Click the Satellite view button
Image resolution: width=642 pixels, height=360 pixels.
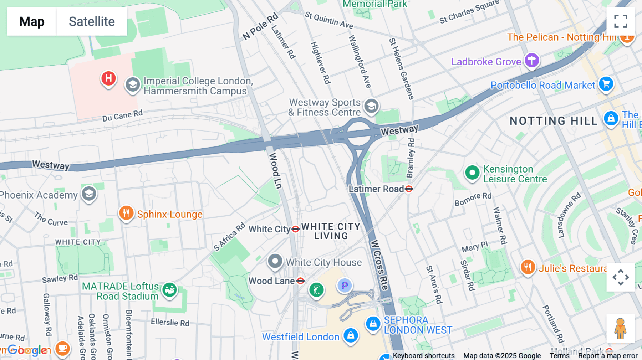[x=92, y=22]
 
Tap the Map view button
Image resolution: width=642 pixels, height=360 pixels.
[x=32, y=22]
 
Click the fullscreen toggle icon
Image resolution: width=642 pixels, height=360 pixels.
[x=621, y=21]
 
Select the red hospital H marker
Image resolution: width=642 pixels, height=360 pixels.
[x=108, y=78]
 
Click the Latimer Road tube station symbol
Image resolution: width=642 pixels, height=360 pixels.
[x=409, y=189]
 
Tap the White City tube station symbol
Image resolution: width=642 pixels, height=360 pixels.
[x=295, y=229]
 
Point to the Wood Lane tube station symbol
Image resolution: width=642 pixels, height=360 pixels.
[x=300, y=281]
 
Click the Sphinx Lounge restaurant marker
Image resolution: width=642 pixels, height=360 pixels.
[x=126, y=213]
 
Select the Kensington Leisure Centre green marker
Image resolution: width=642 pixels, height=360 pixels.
[x=472, y=173]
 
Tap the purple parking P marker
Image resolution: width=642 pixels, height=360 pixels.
[x=345, y=286]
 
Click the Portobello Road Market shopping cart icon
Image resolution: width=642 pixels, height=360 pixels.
[x=606, y=84]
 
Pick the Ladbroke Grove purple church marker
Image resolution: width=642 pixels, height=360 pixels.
[x=531, y=60]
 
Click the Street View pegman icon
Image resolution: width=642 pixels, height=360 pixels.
[x=620, y=329]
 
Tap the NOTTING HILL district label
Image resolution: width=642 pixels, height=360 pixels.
[x=553, y=121]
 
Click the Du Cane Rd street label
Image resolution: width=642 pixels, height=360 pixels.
[x=122, y=115]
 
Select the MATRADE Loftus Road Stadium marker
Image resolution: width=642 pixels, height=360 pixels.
[x=169, y=290]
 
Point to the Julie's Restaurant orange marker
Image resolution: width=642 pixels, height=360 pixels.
[x=528, y=267]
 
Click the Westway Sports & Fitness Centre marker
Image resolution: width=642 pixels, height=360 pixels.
[x=371, y=106]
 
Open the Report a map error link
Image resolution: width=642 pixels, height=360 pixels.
[x=608, y=355]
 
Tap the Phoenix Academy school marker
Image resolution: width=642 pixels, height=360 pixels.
[x=89, y=194]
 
